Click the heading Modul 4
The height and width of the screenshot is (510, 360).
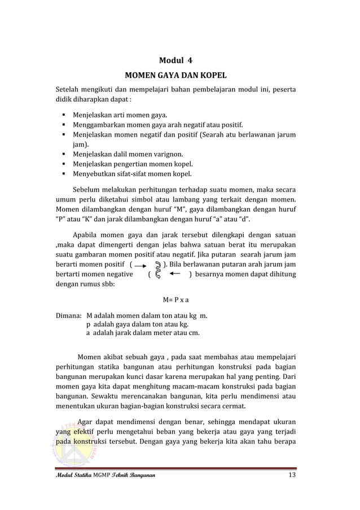[x=179, y=60]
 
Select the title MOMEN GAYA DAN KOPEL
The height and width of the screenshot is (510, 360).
[x=179, y=75]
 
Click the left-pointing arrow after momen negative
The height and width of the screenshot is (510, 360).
[x=175, y=274]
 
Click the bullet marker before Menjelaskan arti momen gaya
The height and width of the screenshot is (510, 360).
[x=67, y=115]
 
